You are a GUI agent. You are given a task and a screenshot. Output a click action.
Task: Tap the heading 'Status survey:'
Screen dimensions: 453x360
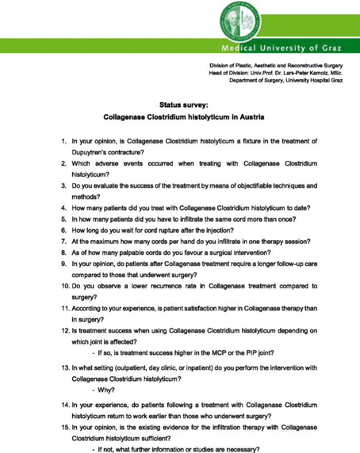tap(183, 106)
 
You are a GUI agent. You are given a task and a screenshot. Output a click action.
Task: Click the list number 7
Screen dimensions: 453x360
tap(63, 241)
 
